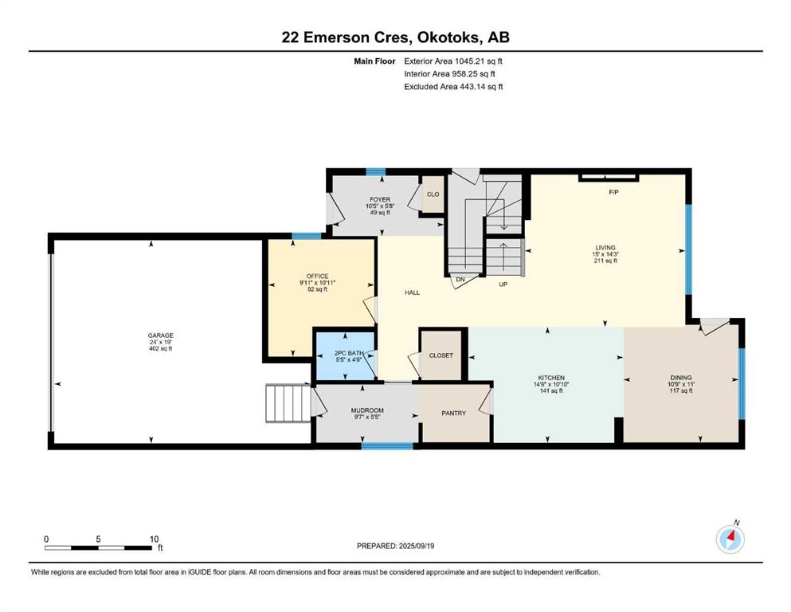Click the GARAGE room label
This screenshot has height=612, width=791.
point(160,335)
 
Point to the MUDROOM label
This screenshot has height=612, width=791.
point(366,411)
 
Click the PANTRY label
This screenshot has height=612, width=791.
point(454,413)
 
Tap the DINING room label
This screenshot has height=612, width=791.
point(680,378)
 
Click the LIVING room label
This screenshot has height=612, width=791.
point(605,248)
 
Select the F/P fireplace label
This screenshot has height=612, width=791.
point(613,193)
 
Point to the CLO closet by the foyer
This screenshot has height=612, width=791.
point(433,194)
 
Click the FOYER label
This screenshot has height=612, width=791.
point(379,199)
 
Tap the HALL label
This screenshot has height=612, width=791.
point(412,292)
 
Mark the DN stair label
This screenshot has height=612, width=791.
point(460,280)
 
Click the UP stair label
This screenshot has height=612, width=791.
point(503,284)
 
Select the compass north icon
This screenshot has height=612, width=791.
point(730,539)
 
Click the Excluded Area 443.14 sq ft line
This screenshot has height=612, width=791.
point(453,87)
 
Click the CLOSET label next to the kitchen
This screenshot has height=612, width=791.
point(441,355)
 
